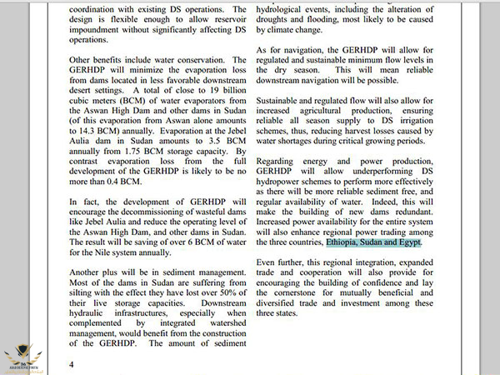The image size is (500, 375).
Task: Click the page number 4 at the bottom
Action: coord(72,364)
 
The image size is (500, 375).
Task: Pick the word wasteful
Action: coord(215,223)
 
